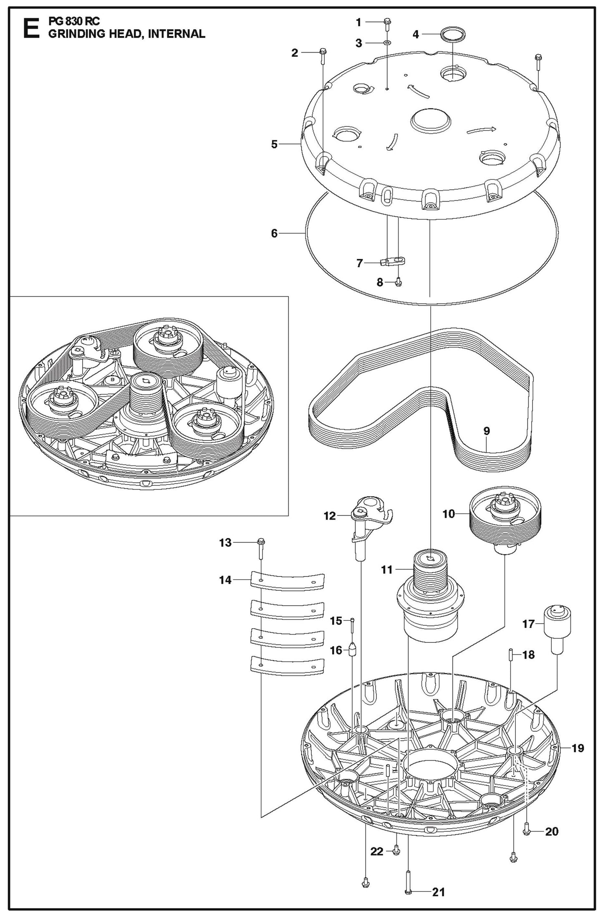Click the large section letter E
coord(31,28)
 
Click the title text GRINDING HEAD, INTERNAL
coord(126,34)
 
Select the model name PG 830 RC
coord(74,21)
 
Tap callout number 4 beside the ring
coord(416,34)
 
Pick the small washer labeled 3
coord(387,43)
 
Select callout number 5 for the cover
coord(274,144)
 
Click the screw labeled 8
coord(398,282)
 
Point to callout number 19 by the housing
coord(578,748)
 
